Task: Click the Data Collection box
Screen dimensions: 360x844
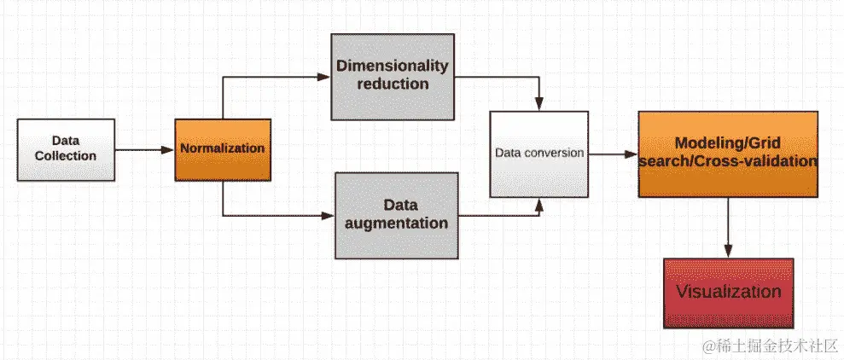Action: click(66, 149)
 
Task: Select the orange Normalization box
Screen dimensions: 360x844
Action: click(222, 148)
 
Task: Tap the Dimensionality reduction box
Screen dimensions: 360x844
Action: click(393, 76)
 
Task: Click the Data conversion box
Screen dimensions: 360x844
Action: click(538, 154)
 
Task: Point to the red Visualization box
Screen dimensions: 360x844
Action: click(728, 293)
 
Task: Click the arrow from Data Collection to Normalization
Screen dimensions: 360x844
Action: click(143, 149)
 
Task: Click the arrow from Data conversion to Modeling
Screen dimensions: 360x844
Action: click(612, 154)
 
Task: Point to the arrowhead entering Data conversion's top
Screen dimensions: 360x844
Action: click(538, 105)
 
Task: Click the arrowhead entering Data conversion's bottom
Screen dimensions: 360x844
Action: click(538, 204)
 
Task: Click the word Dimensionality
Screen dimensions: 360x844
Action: click(393, 66)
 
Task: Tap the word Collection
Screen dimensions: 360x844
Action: click(66, 156)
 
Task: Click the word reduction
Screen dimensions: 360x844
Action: click(393, 84)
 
